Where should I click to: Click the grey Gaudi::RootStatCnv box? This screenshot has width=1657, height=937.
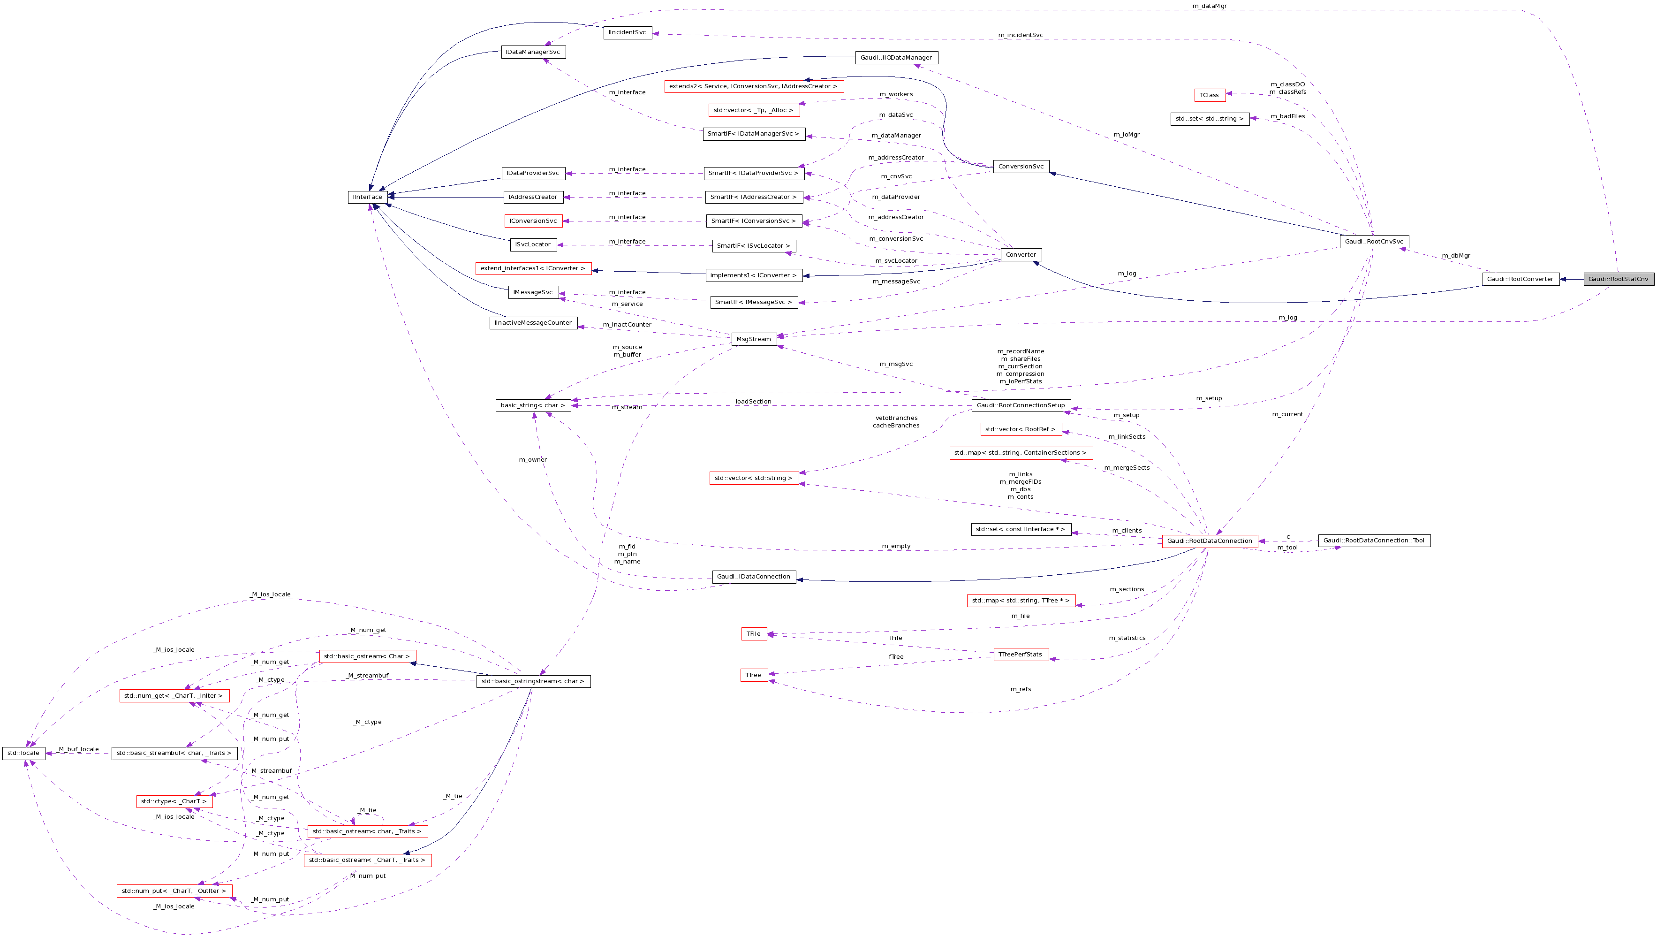coord(1618,279)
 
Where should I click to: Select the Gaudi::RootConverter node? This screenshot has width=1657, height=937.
coord(1520,279)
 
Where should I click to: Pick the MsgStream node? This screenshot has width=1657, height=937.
coord(753,339)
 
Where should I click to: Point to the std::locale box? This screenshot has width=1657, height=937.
coord(23,753)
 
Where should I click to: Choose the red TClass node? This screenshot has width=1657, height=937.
coord(1209,95)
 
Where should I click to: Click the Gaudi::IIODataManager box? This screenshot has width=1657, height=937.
coord(896,58)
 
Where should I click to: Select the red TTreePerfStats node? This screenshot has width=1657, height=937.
coord(1021,655)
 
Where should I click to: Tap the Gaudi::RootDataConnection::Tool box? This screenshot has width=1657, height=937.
coord(1374,541)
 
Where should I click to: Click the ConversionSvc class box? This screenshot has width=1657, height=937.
coord(1021,167)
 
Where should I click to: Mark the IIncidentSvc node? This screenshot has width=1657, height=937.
coord(627,32)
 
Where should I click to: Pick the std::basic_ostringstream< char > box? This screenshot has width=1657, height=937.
coord(533,681)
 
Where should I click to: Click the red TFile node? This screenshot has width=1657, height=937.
coord(753,634)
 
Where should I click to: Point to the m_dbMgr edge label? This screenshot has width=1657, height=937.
coord(1456,256)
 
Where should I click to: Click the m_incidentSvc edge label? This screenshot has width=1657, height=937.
coord(1020,35)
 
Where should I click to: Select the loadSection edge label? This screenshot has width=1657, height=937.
coord(753,402)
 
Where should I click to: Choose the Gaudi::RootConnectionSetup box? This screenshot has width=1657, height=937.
coord(1020,405)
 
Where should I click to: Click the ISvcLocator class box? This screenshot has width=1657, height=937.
coord(533,244)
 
